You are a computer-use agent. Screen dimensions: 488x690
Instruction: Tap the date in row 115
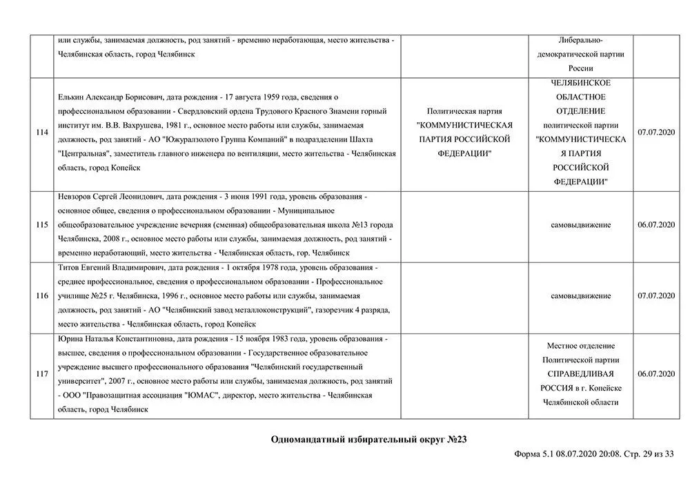656,225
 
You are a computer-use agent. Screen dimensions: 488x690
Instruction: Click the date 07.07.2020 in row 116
656,296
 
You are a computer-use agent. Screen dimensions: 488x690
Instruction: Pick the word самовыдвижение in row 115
581,225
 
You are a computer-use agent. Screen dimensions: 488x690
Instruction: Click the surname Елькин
72,97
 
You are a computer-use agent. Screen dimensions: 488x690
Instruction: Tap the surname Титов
71,268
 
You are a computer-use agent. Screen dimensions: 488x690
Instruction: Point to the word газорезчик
336,310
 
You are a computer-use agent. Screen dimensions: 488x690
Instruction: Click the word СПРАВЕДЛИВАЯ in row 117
581,374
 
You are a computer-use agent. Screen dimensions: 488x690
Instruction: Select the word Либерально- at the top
581,41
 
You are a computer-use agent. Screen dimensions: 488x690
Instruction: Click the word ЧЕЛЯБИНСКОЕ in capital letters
581,83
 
